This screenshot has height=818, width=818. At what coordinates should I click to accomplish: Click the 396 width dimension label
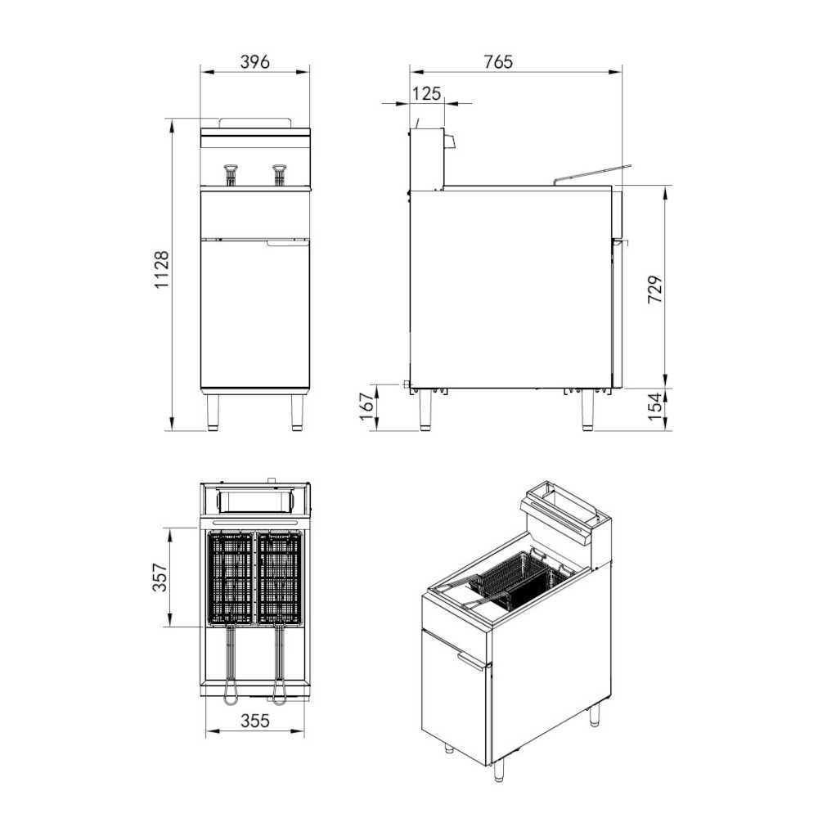click(x=255, y=62)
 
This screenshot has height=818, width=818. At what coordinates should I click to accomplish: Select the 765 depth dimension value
click(x=497, y=62)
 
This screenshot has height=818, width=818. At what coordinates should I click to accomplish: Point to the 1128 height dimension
click(x=162, y=271)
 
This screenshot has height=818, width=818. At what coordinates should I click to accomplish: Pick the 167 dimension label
click(x=367, y=406)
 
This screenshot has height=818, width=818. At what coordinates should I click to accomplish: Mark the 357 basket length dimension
click(x=161, y=577)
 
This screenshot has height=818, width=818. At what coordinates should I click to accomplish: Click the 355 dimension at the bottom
click(x=255, y=721)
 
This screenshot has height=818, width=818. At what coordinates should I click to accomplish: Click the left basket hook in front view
click(x=231, y=173)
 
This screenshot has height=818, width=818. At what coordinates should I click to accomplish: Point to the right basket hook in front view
click(x=281, y=173)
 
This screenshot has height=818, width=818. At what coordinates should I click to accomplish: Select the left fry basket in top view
click(x=231, y=578)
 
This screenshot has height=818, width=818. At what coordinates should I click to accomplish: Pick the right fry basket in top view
click(x=281, y=578)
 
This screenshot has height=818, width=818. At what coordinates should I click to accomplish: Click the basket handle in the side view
click(x=593, y=173)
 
